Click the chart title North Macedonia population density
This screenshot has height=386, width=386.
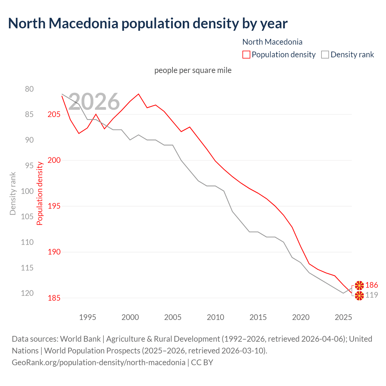pos(148,24)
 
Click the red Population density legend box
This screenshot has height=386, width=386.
pos(246,55)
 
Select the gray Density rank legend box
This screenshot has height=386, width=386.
pos(325,55)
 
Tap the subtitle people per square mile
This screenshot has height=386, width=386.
pos(193,70)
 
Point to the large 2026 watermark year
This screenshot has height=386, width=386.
pos(94,102)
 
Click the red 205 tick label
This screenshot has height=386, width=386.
pos(54,114)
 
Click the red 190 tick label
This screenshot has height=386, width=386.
pos(54,252)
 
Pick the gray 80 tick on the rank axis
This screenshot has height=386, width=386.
pos(29,89)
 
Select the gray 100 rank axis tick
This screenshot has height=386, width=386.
pos(27,191)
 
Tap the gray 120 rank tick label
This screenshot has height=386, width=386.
pos(27,293)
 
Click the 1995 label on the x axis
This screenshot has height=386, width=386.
pos(87,317)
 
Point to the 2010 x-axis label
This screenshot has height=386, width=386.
pos(215,317)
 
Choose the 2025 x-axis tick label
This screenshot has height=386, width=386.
pos(343,317)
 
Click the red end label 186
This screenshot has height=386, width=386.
pos(372,285)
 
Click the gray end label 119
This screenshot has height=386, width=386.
pos(372,295)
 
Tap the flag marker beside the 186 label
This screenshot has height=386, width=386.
pos(359,285)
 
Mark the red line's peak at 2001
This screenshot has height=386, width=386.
pos(138,94)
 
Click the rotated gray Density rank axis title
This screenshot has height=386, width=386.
pos(13,193)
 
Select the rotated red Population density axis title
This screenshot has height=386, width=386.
pos(40,193)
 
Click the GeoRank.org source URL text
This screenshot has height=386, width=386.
pos(98,362)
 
